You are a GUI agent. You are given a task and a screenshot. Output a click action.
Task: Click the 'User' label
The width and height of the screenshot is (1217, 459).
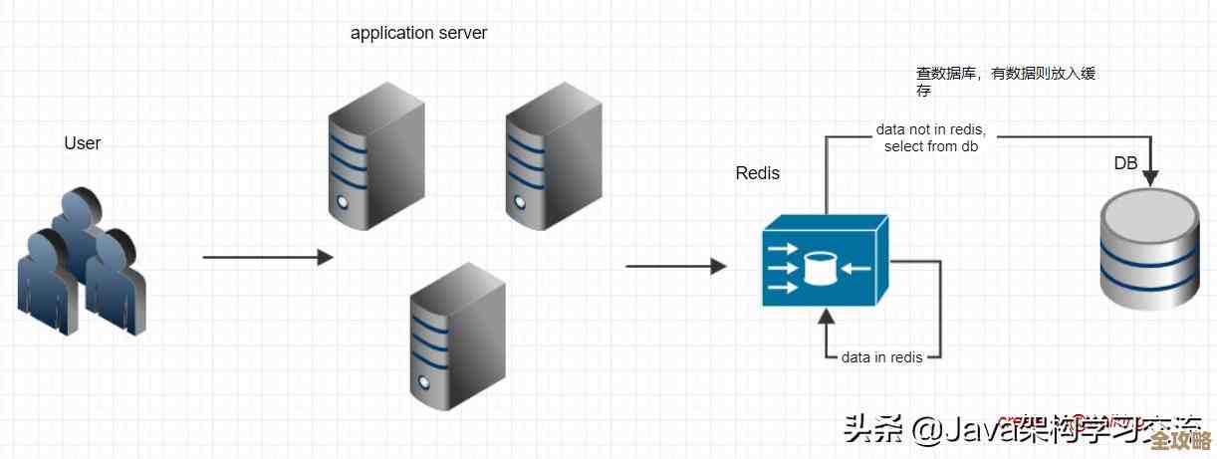tap(83, 143)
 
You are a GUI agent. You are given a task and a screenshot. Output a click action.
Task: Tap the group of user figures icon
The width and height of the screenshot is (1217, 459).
tap(81, 262)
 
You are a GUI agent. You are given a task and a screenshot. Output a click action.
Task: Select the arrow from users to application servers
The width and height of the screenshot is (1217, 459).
tap(267, 258)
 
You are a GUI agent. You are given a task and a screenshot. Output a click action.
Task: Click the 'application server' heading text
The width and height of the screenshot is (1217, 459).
tap(418, 33)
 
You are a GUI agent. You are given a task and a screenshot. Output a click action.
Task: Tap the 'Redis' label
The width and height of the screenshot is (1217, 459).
tap(758, 173)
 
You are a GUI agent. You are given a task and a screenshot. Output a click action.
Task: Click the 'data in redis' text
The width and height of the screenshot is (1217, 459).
tap(881, 356)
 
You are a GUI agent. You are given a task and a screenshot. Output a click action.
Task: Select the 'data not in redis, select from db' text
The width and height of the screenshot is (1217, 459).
tap(930, 138)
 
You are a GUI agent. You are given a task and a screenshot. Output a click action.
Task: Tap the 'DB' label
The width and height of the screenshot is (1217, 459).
tap(1125, 163)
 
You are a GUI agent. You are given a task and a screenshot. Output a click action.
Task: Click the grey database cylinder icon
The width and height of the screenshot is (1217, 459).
tap(1148, 252)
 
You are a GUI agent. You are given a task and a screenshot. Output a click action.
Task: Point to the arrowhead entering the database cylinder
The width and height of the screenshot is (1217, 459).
tap(1150, 178)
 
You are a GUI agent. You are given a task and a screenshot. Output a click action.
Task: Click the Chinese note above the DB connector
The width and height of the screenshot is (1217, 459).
tap(1006, 82)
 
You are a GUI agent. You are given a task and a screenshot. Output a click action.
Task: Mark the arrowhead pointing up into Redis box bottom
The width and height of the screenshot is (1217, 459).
tap(825, 318)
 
